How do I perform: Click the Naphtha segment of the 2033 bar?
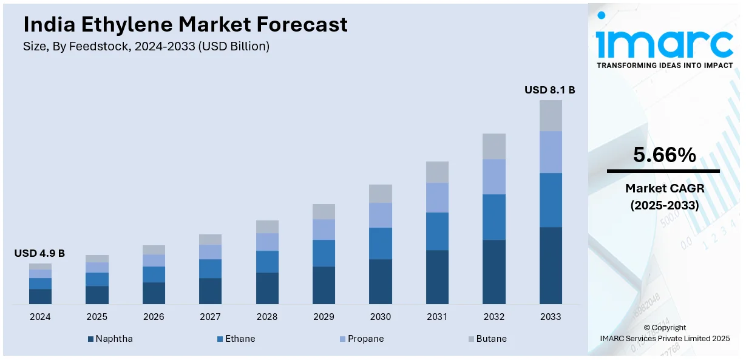[551, 265]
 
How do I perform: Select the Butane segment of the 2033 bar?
[551, 115]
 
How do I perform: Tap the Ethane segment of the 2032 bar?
[494, 217]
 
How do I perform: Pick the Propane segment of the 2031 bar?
[437, 197]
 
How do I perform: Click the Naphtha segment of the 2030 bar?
[381, 281]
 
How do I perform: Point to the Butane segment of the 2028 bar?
[267, 226]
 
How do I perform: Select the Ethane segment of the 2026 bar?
[154, 274]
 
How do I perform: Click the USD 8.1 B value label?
[549, 90]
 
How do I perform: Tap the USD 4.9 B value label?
[39, 253]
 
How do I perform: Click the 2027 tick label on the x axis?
[210, 317]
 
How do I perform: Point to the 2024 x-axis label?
[40, 317]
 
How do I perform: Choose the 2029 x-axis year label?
[324, 317]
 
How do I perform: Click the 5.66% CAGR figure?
[664, 155]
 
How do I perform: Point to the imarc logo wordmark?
[664, 42]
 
